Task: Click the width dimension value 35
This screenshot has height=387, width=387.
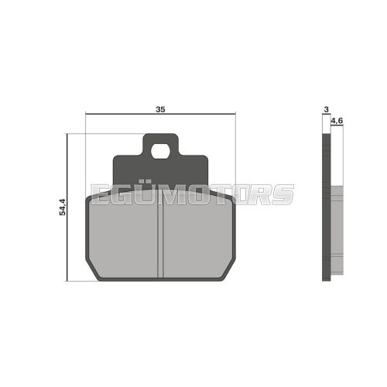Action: point(160,110)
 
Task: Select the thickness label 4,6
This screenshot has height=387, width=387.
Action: point(337,122)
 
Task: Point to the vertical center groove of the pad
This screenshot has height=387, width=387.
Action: point(161,240)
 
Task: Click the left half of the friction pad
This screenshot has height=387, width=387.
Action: point(124,240)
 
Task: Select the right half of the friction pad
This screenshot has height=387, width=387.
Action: point(197,240)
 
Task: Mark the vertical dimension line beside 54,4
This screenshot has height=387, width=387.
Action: point(69,207)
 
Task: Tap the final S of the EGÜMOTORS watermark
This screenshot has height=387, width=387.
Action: point(283,194)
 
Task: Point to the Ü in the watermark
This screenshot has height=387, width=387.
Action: point(146,193)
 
